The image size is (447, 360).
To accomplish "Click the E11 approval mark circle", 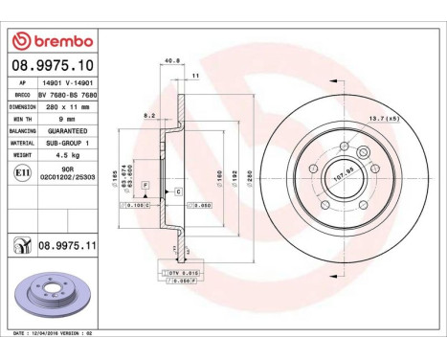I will click(21, 172).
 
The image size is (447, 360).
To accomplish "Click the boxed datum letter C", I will click(177, 192).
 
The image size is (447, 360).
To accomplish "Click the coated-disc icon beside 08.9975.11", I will click(20, 245).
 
